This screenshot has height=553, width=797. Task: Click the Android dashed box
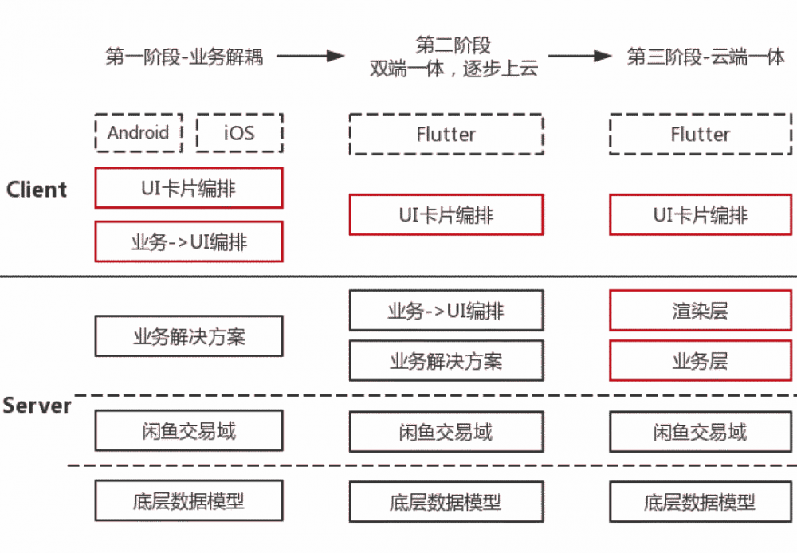[x=139, y=131]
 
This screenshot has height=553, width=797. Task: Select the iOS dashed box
[x=239, y=131]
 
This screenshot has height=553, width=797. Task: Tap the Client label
[x=37, y=190]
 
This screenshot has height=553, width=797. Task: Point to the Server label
[x=37, y=406]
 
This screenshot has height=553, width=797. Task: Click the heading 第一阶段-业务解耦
[x=184, y=57]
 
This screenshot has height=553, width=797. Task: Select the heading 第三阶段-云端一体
[x=706, y=57]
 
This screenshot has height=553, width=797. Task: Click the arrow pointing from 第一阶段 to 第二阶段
[x=310, y=57]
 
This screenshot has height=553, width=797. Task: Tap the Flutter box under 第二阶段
[x=446, y=135]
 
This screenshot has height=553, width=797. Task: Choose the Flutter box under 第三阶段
[x=701, y=135]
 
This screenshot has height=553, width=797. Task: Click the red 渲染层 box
[x=701, y=311]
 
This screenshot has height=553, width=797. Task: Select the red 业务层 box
[x=701, y=361]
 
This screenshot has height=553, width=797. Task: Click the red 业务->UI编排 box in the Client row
[x=189, y=241]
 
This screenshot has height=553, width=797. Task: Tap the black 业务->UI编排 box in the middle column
[x=446, y=311]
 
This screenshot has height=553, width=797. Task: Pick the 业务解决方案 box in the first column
[x=189, y=336]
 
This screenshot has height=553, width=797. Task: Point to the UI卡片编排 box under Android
[x=189, y=188]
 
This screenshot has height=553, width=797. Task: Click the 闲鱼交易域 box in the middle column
[x=446, y=432]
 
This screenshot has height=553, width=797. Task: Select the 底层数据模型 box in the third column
[x=701, y=502]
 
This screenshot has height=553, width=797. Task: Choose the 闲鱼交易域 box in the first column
[x=189, y=431]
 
